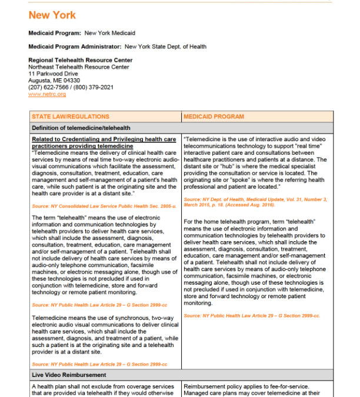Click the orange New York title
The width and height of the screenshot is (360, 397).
pyautogui.click(x=52, y=15)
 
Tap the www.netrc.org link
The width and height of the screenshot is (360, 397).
pyautogui.click(x=47, y=94)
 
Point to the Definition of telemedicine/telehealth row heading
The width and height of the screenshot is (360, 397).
pyautogui.click(x=81, y=128)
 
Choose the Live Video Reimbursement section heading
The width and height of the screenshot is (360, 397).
pyautogui.click(x=69, y=375)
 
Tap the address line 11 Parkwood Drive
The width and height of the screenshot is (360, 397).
pyautogui.click(x=53, y=74)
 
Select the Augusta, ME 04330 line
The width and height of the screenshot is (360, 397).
pyautogui.click(x=54, y=81)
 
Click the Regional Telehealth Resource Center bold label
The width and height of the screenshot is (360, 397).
pyautogui.click(x=80, y=61)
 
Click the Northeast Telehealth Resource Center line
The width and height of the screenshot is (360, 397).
pyautogui.click(x=78, y=67)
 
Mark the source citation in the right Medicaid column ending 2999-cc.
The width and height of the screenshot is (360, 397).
pyautogui.click(x=252, y=316)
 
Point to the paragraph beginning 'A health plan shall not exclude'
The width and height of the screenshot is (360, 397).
pyautogui.click(x=104, y=390)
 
